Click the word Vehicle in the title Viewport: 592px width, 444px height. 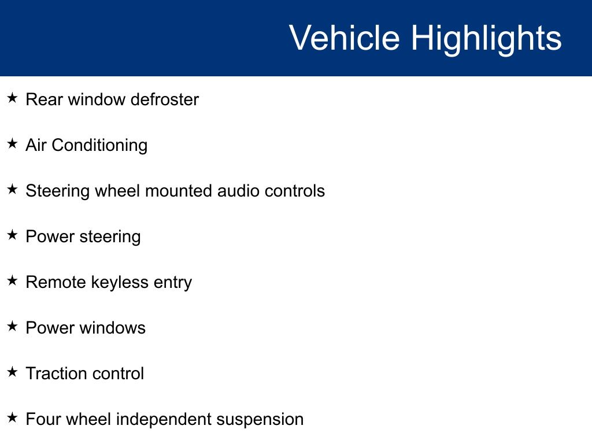point(345,38)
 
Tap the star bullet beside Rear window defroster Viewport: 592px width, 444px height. point(12,98)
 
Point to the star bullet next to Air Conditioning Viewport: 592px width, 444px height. point(12,143)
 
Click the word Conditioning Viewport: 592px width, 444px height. point(99,146)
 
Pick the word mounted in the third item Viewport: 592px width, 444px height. point(179,191)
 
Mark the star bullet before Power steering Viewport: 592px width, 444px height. point(12,235)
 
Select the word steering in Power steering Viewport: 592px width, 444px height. point(110,237)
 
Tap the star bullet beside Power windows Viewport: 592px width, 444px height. point(12,326)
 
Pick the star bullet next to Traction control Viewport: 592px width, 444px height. point(12,372)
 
